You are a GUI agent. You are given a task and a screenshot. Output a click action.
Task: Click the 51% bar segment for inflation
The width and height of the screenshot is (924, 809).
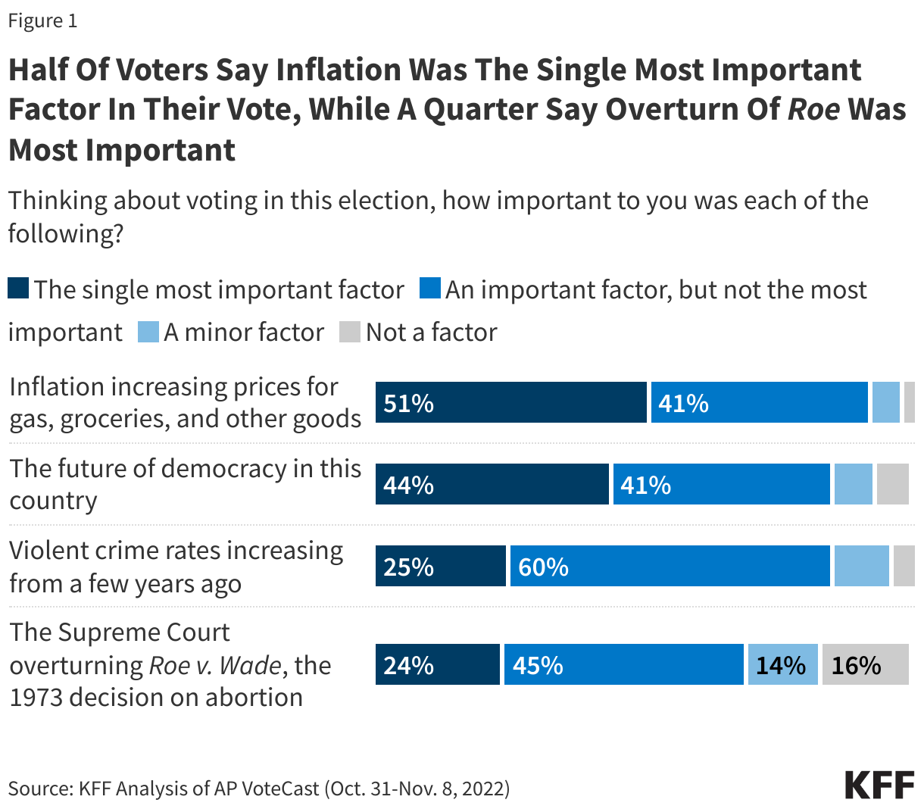click(511, 402)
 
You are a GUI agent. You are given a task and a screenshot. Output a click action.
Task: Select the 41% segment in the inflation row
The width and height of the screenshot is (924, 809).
click(759, 402)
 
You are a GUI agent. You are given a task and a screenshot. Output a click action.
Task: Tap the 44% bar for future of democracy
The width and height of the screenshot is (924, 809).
click(492, 484)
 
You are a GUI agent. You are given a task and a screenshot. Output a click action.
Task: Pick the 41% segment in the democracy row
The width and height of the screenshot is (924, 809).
click(721, 484)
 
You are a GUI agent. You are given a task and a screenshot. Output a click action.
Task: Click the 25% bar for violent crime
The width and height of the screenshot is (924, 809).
click(440, 566)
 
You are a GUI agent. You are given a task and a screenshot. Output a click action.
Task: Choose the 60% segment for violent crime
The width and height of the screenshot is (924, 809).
click(670, 566)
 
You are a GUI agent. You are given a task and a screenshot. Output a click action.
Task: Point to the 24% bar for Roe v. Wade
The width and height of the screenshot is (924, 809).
click(438, 664)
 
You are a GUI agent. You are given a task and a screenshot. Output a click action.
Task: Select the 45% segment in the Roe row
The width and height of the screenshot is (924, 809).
click(624, 664)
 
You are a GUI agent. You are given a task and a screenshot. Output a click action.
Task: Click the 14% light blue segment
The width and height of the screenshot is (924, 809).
click(782, 664)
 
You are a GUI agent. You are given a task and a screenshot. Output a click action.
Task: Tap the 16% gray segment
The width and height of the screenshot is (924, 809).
click(865, 664)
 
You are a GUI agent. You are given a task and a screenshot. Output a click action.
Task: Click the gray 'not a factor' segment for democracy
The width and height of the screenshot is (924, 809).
click(892, 484)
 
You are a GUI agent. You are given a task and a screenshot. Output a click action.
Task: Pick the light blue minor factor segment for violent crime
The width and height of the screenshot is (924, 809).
click(861, 566)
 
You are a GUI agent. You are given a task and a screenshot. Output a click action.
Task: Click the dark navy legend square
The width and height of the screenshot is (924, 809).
click(19, 289)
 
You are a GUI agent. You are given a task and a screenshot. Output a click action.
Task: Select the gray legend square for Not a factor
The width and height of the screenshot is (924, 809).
click(349, 332)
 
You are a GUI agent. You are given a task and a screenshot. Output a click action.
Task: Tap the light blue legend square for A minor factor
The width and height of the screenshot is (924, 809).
click(148, 332)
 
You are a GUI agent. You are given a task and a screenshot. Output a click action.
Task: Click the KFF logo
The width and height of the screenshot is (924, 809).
click(879, 785)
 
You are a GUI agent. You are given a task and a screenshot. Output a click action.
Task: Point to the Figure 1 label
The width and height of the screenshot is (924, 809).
click(42, 20)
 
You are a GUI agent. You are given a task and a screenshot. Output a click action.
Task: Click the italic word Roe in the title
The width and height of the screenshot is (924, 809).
click(813, 109)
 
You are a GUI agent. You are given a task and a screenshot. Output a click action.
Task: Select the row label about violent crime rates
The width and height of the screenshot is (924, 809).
click(176, 567)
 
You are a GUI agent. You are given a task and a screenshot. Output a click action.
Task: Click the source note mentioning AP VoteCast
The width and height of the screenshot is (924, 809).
click(259, 789)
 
